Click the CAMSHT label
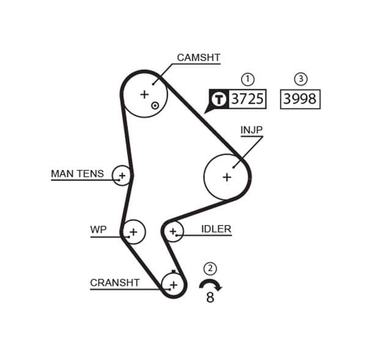pos(198,58)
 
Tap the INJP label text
pos(251,130)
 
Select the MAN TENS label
pos(77,174)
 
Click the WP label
pos(98,230)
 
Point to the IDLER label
pos(216,230)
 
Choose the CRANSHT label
pos(114,283)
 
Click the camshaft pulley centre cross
pos(144,94)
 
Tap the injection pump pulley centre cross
pos(227,177)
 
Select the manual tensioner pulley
pos(122,176)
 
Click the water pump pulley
pos(133,232)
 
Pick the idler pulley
pos(173,231)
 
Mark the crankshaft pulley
pos(174,284)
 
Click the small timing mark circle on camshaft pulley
pos(155,105)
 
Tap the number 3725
pos(247,99)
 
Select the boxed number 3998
pos(300,99)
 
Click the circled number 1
pos(248,79)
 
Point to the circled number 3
pos(300,79)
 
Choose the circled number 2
pos(210,268)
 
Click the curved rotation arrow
pos(210,284)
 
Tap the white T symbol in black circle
pos(218,99)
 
